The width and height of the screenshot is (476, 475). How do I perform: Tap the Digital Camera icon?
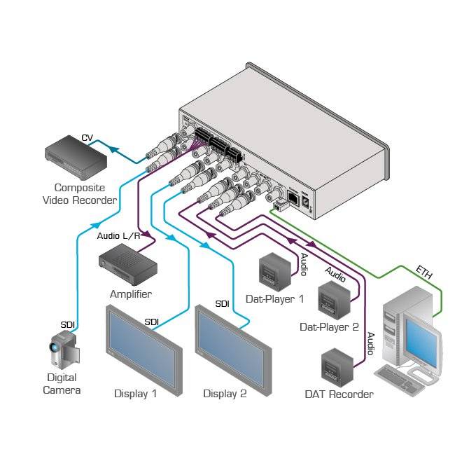click(x=62, y=349)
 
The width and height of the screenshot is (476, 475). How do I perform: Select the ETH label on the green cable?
click(x=423, y=271)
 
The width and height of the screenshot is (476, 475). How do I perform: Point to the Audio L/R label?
click(x=118, y=236)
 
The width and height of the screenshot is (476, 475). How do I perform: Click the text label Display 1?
click(x=135, y=394)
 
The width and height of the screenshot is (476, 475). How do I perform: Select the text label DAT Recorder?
click(x=339, y=394)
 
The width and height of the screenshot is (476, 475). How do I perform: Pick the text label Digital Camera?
click(x=62, y=384)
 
